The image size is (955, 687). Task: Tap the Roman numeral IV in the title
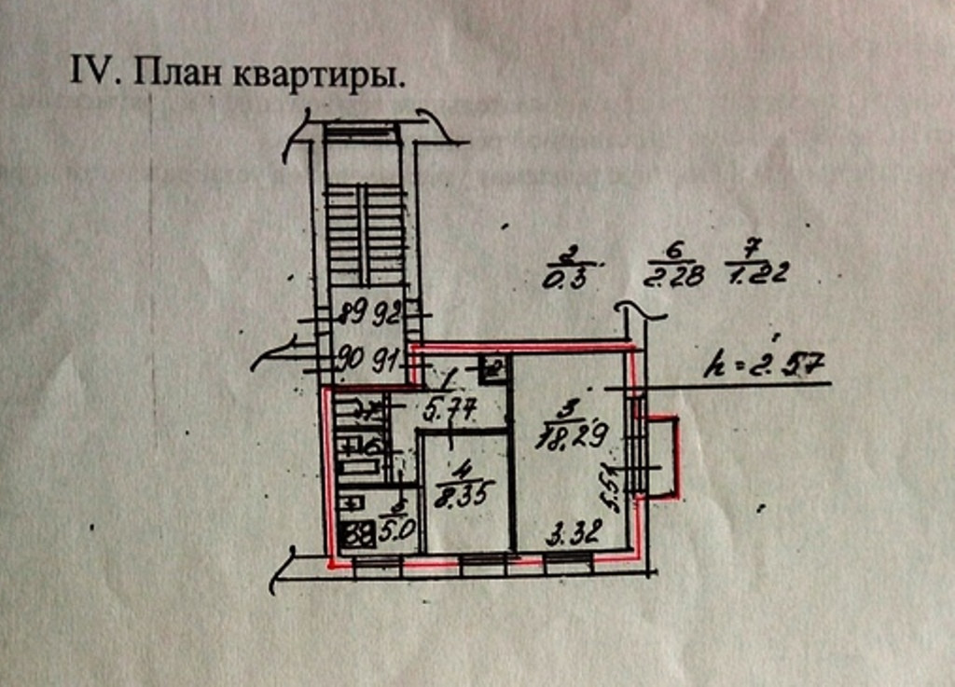click(91, 72)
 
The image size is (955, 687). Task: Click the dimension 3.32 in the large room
click(574, 533)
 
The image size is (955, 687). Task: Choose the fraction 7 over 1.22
click(757, 262)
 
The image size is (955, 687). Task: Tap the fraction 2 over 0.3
click(566, 268)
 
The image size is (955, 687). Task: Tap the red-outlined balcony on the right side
click(662, 457)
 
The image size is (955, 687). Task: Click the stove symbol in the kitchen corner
click(355, 536)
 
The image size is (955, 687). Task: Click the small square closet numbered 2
click(492, 369)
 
